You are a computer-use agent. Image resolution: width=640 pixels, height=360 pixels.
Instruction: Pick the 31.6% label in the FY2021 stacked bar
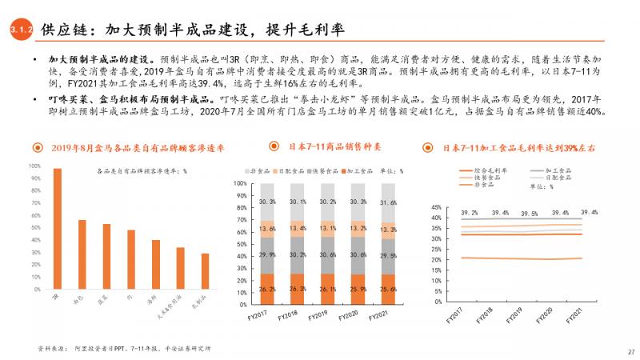pos(386,203)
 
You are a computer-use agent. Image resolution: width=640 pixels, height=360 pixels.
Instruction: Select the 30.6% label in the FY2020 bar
pos(358,254)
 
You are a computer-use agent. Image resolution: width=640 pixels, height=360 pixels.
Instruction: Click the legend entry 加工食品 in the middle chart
pos(357,172)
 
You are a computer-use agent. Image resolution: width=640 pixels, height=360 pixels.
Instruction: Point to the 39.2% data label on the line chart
pos(470,213)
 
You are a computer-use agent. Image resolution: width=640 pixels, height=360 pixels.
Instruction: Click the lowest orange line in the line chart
pos(520,258)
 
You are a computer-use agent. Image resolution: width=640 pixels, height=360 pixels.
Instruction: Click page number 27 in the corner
pos(630,350)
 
